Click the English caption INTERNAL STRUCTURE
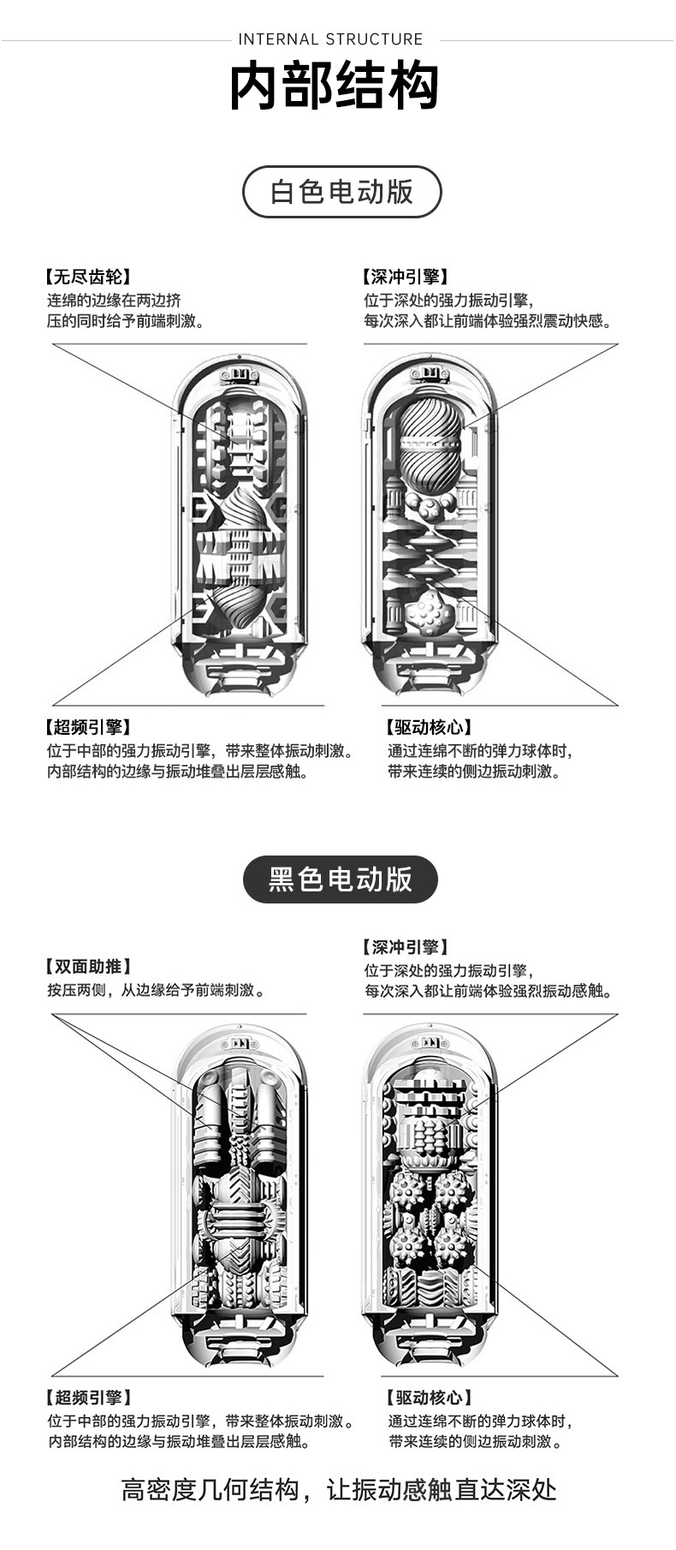(330, 39)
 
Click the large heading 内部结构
(335, 86)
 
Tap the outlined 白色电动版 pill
(342, 192)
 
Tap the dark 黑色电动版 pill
(341, 879)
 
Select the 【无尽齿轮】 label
(87, 277)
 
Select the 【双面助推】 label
(88, 967)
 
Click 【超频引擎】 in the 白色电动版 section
(87, 727)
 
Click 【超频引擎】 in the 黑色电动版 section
(87, 1398)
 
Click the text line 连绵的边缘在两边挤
(114, 300)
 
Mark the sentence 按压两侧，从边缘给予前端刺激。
(156, 990)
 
